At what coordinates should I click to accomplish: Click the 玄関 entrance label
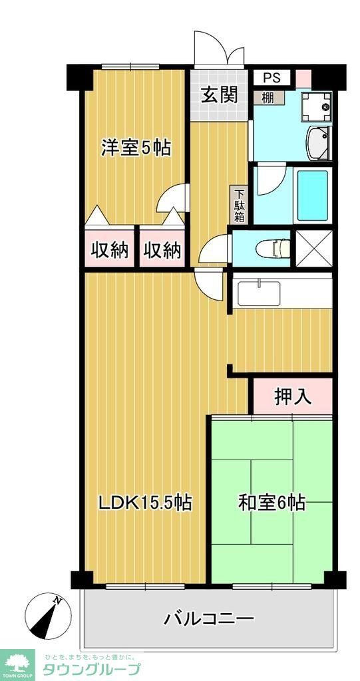[x=220, y=95]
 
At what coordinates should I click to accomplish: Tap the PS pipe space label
[x=271, y=78]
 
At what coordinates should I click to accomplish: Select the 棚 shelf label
[x=268, y=97]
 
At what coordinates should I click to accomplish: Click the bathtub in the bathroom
[x=312, y=196]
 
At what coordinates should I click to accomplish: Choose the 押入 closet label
[x=292, y=396]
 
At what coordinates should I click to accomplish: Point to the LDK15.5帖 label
[x=145, y=503]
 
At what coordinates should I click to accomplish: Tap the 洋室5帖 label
[x=136, y=148]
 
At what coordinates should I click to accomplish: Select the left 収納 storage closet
[x=109, y=250]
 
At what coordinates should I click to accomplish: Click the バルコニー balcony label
[x=209, y=619]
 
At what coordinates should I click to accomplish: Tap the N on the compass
[x=59, y=601]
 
